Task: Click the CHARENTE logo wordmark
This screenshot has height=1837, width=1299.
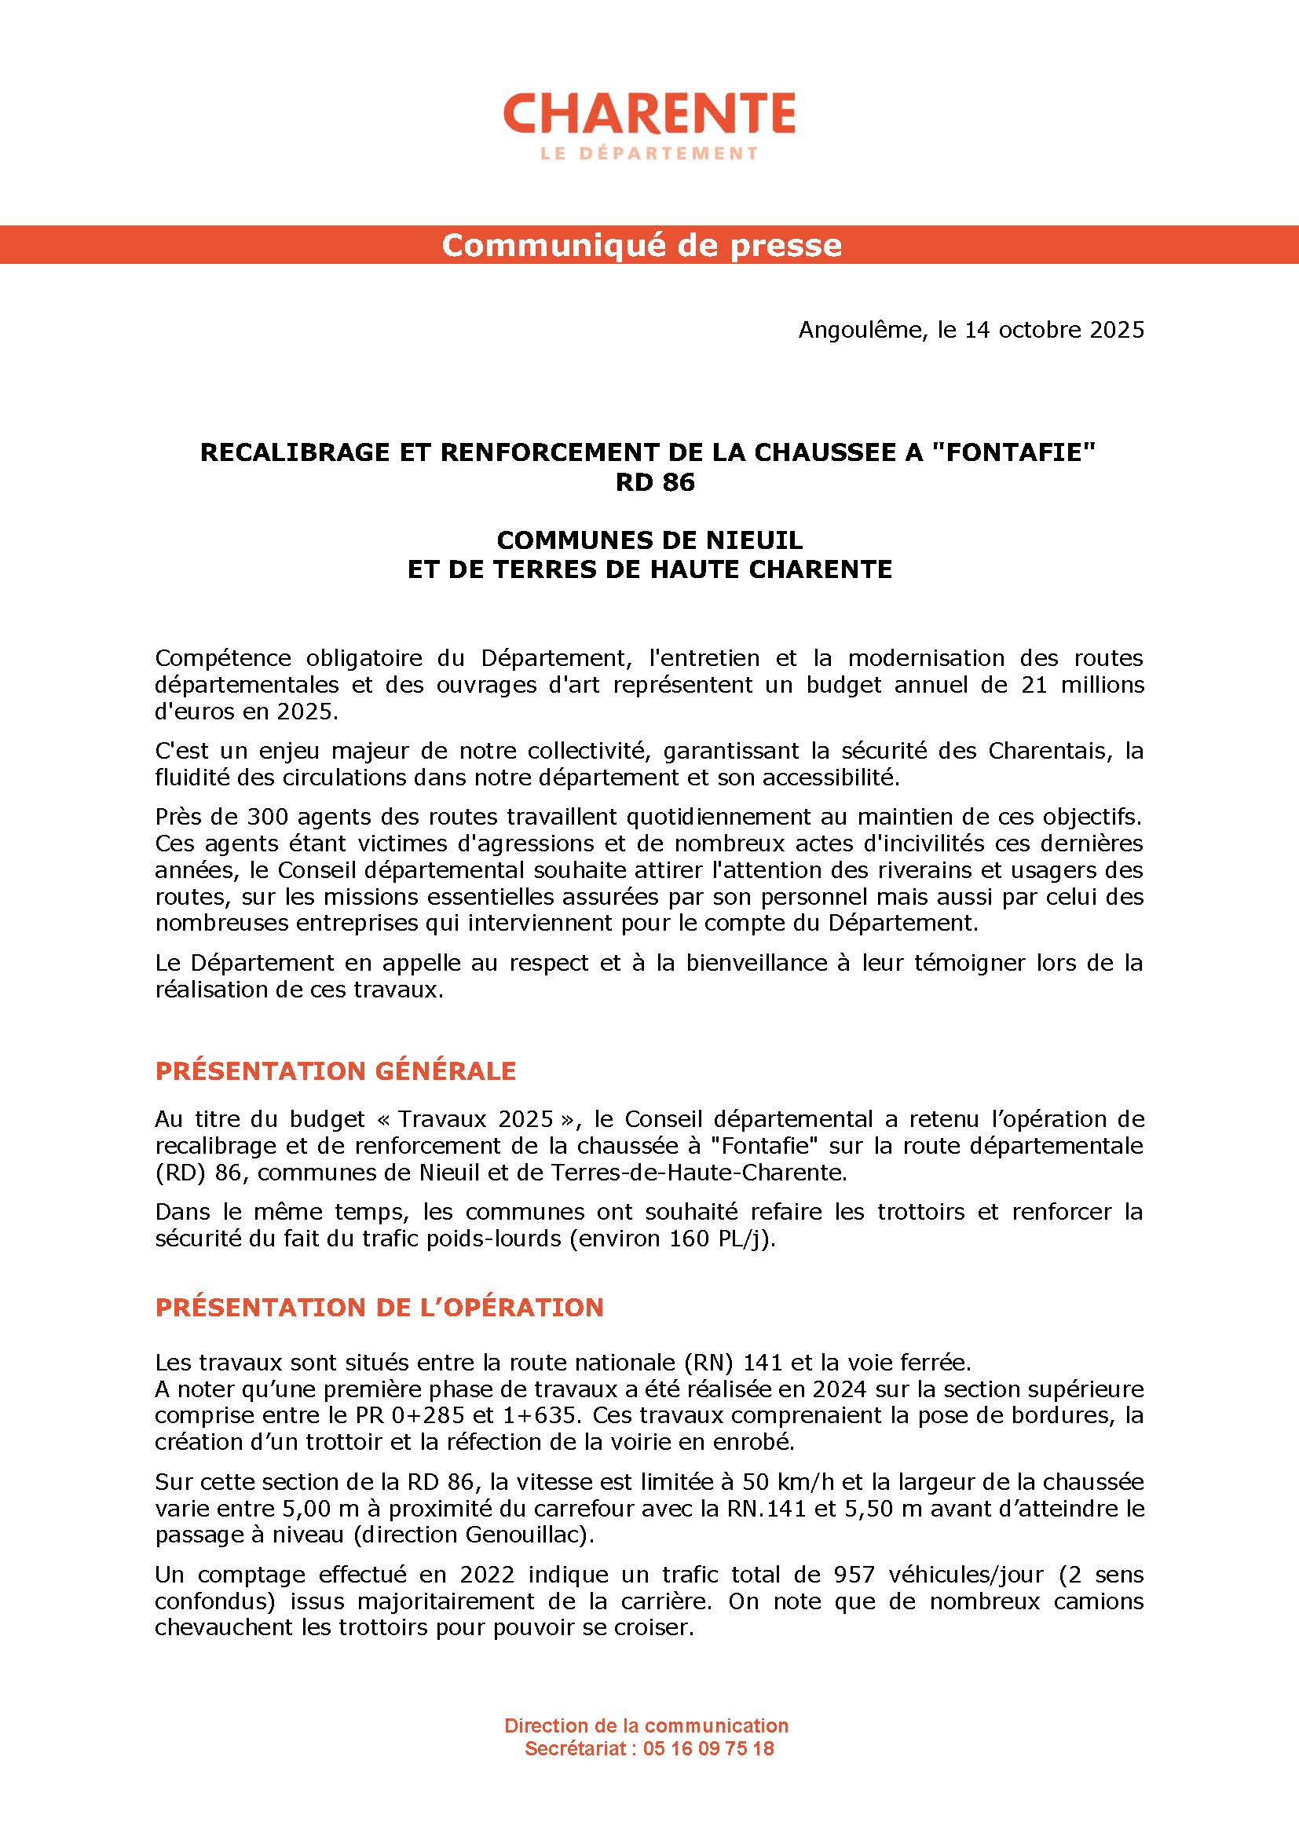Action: [x=649, y=113]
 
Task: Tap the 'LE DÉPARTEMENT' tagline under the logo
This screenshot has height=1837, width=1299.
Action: [x=649, y=153]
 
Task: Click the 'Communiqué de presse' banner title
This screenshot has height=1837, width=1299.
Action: [x=642, y=245]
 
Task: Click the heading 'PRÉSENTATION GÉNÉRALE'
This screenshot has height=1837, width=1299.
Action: [x=336, y=1071]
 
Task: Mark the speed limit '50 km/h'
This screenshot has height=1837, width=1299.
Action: [x=785, y=1482]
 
